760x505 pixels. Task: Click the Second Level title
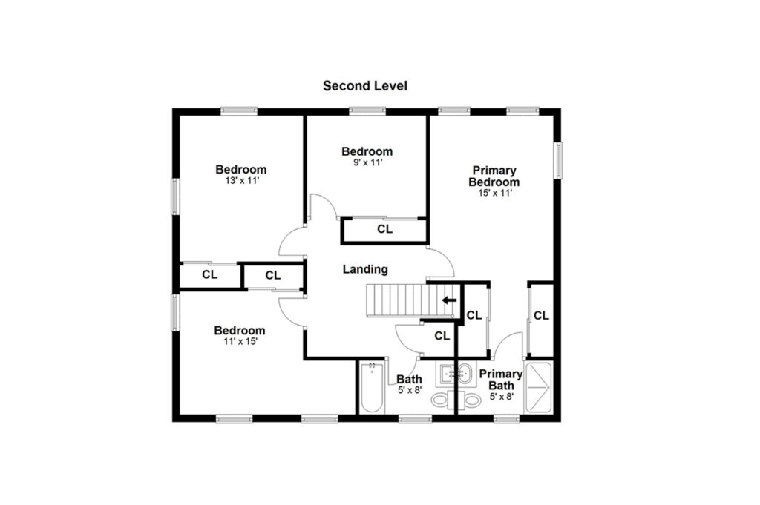pyautogui.click(x=365, y=86)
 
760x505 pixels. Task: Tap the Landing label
pyautogui.click(x=365, y=269)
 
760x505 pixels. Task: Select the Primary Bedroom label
pyautogui.click(x=494, y=176)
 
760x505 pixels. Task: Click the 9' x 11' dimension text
pyautogui.click(x=368, y=162)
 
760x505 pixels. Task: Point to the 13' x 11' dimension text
pyautogui.click(x=241, y=181)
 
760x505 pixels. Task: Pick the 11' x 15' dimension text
pyautogui.click(x=240, y=341)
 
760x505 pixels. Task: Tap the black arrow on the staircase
pyautogui.click(x=449, y=300)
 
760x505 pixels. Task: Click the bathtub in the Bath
pyautogui.click(x=372, y=387)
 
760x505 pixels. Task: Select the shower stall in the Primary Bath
pyautogui.click(x=539, y=388)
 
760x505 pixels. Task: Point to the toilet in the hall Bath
pyautogui.click(x=442, y=400)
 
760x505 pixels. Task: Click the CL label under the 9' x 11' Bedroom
pyautogui.click(x=385, y=229)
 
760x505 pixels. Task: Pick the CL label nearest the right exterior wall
pyautogui.click(x=541, y=316)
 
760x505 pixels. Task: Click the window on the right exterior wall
pyautogui.click(x=558, y=159)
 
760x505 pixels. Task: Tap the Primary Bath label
pyautogui.click(x=501, y=380)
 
